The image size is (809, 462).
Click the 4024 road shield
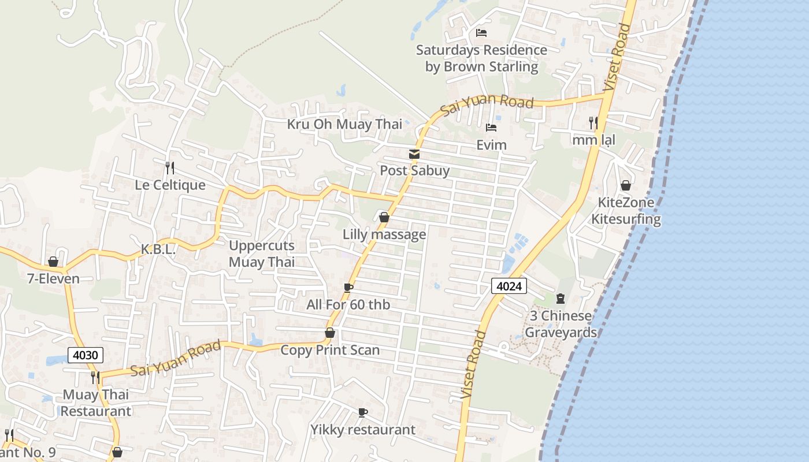pyautogui.click(x=509, y=285)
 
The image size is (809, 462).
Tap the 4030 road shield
pyautogui.click(x=86, y=355)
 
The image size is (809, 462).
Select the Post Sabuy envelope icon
pyautogui.click(x=414, y=154)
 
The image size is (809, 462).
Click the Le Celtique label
pyautogui.click(x=170, y=185)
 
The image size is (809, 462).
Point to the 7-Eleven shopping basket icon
pyautogui.click(x=53, y=262)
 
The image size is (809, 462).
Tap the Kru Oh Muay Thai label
pyautogui.click(x=344, y=124)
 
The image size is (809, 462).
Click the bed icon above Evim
pyautogui.click(x=491, y=128)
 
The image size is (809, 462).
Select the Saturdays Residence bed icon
pyautogui.click(x=481, y=33)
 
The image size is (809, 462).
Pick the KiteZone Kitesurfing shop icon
pyautogui.click(x=625, y=185)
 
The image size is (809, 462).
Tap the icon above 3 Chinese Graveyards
pyautogui.click(x=560, y=299)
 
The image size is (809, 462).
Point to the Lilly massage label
pyautogui.click(x=384, y=234)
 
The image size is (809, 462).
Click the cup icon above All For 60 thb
pyautogui.click(x=348, y=288)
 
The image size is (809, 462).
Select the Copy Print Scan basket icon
pyautogui.click(x=330, y=333)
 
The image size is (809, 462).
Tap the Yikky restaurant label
pyautogui.click(x=363, y=430)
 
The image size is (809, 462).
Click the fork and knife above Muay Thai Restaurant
pyautogui.click(x=95, y=378)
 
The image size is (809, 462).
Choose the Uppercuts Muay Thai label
pyautogui.click(x=262, y=254)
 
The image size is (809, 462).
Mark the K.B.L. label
pyautogui.click(x=158, y=250)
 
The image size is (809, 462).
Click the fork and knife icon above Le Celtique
pyautogui.click(x=169, y=168)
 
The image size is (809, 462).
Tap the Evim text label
pyautogui.click(x=491, y=144)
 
